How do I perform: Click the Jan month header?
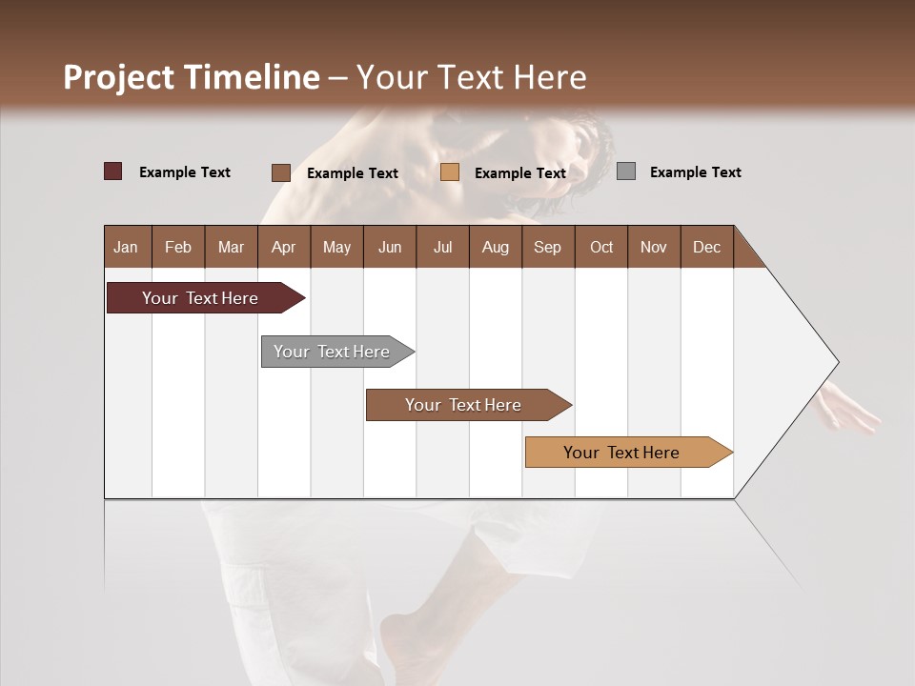pos(127,247)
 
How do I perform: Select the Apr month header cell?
pos(284,247)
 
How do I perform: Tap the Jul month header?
pos(442,247)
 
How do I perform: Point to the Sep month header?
pos(548,247)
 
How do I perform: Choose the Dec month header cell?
pos(706,247)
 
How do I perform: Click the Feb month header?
pos(178,247)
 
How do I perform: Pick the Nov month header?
pos(654,247)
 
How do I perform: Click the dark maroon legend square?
pos(112,171)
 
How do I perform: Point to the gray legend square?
pos(626,171)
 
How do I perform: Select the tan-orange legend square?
pos(450,172)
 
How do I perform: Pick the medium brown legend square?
pos(281,172)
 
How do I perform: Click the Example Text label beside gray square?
pos(695,172)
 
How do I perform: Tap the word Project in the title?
pos(119,77)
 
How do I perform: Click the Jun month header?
pos(390,247)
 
